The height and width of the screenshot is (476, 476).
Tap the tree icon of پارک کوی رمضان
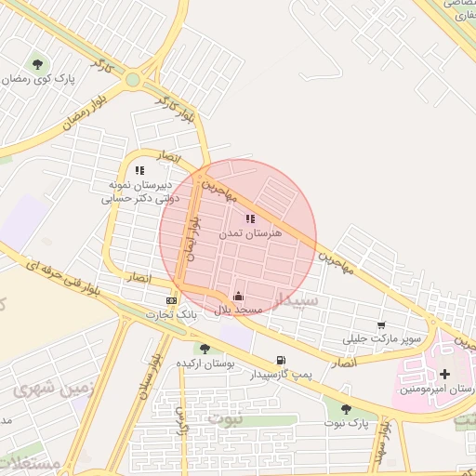pyautogui.click(x=37, y=64)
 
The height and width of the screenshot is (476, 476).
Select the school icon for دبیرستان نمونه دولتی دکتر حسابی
pyautogui.click(x=139, y=170)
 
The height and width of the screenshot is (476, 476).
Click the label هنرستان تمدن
pyautogui.click(x=249, y=234)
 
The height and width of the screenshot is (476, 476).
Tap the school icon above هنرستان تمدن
pyautogui.click(x=249, y=218)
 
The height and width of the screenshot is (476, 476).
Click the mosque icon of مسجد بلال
pyautogui.click(x=238, y=296)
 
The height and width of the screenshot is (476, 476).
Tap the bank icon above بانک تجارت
pyautogui.click(x=171, y=300)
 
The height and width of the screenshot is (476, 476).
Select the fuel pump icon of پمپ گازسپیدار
pyautogui.click(x=280, y=360)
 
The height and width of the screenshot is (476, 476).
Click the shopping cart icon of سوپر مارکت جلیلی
pyautogui.click(x=381, y=325)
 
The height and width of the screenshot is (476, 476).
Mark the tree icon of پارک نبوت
pyautogui.click(x=346, y=408)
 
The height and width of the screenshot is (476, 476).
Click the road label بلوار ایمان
pyautogui.click(x=192, y=240)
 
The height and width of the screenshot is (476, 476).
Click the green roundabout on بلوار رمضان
pyautogui.click(x=133, y=80)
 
